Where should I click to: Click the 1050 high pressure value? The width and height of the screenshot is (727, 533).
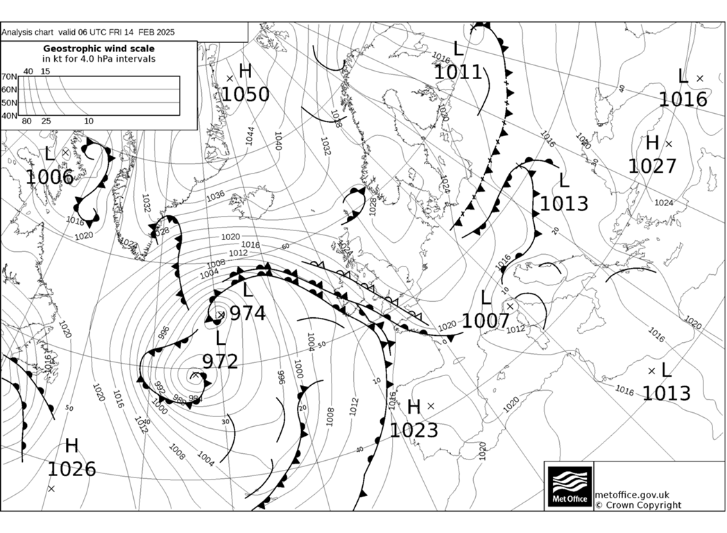tap(245, 93)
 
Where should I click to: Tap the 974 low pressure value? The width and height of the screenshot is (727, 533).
tap(248, 314)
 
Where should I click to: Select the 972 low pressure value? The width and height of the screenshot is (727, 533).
tap(220, 361)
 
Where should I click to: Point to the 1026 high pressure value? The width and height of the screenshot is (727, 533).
tap(71, 469)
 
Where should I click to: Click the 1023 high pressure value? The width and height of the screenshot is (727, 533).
tap(413, 430)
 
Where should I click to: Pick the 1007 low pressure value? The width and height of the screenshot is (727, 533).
tap(486, 321)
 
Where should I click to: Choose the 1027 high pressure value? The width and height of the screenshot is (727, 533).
tap(651, 166)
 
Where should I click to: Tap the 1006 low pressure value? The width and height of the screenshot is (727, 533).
tap(49, 177)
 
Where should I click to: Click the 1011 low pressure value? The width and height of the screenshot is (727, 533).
tap(458, 71)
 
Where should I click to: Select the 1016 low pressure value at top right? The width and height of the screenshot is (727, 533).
tap(683, 99)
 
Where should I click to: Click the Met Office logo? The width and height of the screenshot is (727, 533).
tap(570, 486)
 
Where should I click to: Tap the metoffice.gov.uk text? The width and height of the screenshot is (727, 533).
tap(632, 494)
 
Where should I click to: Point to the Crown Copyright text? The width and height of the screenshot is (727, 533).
tap(638, 505)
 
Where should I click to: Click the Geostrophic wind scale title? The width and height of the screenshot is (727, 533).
tap(99, 49)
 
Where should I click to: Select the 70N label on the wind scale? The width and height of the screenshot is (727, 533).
tap(8, 77)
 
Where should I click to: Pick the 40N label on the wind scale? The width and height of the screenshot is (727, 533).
tap(8, 115)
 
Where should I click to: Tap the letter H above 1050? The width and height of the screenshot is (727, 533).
tap(245, 71)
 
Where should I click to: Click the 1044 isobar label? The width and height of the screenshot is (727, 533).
tap(249, 135)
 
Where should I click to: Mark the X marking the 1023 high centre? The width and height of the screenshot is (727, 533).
tap(431, 406)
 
